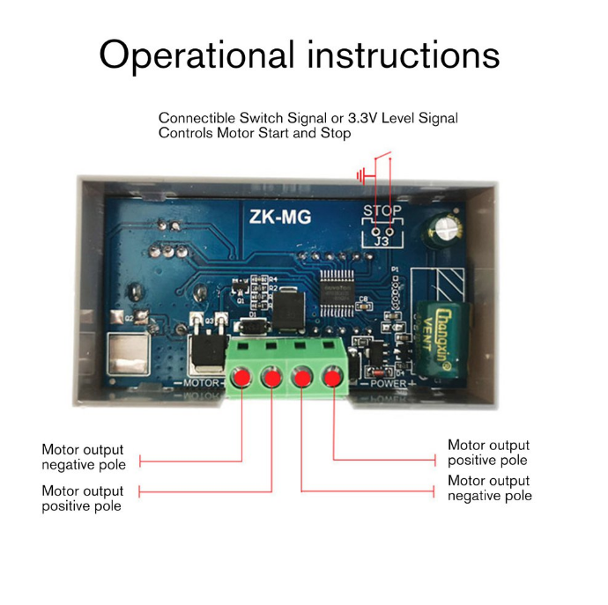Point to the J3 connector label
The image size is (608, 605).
(x=382, y=237)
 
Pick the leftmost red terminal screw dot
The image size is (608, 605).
(x=241, y=379)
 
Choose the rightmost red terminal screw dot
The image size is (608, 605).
(x=333, y=379)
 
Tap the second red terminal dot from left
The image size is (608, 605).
(x=271, y=379)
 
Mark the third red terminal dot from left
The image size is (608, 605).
(x=302, y=379)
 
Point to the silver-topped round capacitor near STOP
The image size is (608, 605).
(x=446, y=231)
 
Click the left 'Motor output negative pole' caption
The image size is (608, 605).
(x=84, y=457)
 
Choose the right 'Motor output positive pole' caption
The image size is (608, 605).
(x=488, y=453)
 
